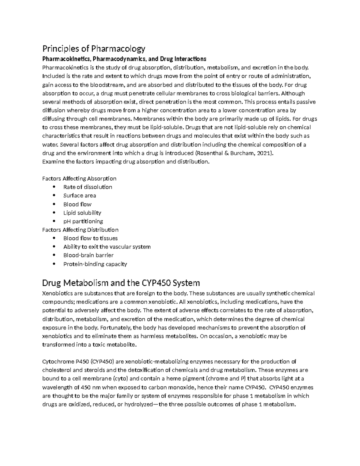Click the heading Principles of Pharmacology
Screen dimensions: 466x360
point(94,48)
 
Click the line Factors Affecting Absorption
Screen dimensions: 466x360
point(79,179)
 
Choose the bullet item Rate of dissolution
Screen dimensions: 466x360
point(88,187)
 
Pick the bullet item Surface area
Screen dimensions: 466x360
point(79,196)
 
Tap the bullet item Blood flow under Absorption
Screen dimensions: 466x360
point(77,204)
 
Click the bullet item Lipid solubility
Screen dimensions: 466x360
point(82,213)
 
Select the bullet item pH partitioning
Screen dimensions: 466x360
point(83,221)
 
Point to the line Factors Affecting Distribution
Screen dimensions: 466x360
point(80,230)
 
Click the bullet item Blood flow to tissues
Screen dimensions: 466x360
point(90,238)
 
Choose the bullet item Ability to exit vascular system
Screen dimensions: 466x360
point(107,247)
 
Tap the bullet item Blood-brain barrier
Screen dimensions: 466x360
point(88,255)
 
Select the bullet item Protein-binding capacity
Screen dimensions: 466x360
point(95,264)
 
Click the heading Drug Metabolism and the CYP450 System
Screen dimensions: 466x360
point(121,283)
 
